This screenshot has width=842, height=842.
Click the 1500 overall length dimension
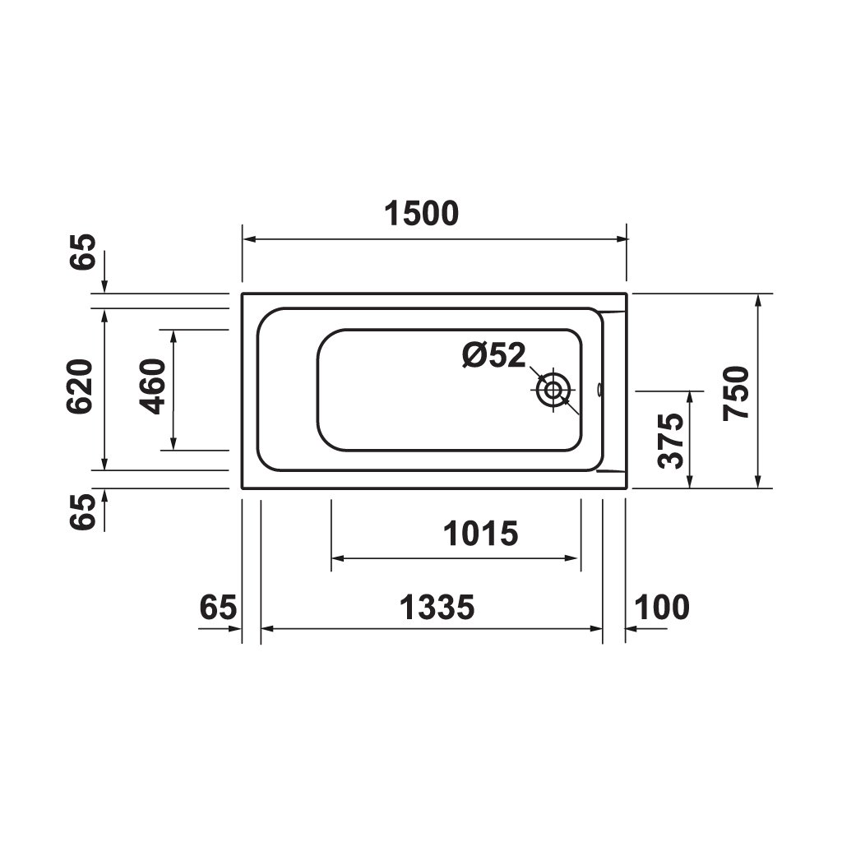[x=421, y=214]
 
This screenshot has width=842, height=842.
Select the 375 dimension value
[x=672, y=441]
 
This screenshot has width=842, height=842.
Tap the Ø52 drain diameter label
[x=493, y=355]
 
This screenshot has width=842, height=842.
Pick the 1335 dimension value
[x=437, y=608]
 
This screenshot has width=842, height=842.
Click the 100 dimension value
[x=662, y=608]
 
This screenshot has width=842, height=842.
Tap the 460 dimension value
[x=154, y=386]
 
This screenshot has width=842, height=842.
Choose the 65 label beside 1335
[x=219, y=608]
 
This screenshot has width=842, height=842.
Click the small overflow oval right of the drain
[x=600, y=388]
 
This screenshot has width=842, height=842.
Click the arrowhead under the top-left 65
[x=104, y=287]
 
